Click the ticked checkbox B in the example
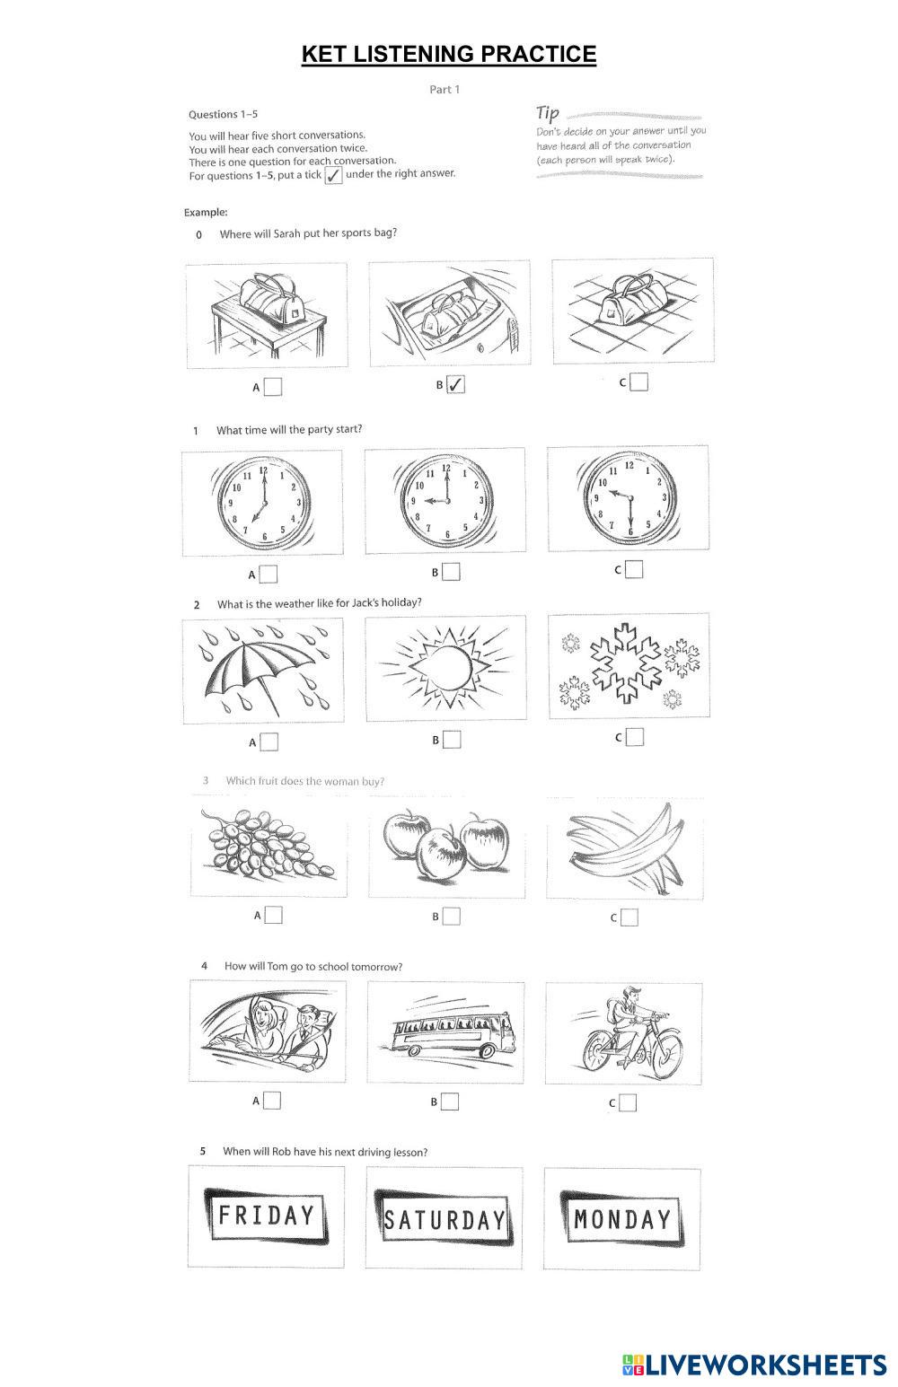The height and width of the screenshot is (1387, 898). click(455, 385)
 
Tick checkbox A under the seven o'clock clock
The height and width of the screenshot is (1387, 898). click(268, 574)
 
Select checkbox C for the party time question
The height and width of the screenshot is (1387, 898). click(634, 569)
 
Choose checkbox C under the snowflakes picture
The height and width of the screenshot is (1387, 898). click(635, 737)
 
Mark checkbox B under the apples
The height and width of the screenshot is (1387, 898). click(452, 916)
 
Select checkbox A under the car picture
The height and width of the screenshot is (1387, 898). click(272, 1100)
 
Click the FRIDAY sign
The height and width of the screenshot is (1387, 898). click(267, 1216)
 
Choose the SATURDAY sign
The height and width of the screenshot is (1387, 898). click(445, 1219)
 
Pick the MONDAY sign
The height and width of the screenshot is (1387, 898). click(622, 1218)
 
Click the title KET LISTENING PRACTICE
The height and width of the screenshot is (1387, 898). click(449, 55)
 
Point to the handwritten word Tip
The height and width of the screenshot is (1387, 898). click(548, 113)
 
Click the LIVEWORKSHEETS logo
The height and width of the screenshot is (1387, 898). click(753, 1365)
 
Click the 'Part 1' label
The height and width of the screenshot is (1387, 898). click(445, 89)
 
